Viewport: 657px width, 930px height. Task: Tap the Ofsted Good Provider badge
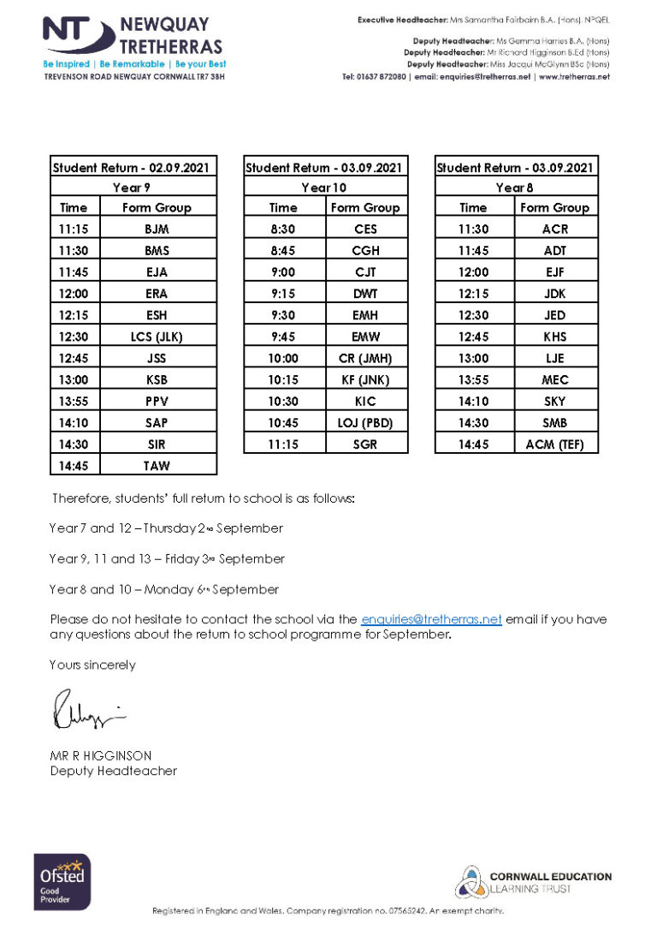click(x=62, y=880)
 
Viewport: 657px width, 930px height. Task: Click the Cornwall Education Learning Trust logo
click(x=532, y=882)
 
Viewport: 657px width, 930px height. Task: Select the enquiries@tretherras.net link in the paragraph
click(x=431, y=619)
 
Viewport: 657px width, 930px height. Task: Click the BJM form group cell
click(x=157, y=229)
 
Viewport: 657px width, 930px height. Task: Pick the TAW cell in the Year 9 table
click(x=157, y=465)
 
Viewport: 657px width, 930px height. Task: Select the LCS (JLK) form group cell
click(x=157, y=337)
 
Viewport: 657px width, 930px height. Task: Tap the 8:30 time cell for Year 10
click(x=284, y=229)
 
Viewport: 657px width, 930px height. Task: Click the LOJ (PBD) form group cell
click(x=366, y=422)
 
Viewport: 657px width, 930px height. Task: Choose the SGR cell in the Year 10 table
click(x=366, y=444)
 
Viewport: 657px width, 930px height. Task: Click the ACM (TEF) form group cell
click(x=554, y=444)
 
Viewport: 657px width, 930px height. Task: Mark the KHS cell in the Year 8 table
click(x=554, y=337)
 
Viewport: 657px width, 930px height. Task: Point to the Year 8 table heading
click(x=516, y=188)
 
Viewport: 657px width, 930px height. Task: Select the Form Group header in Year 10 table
click(x=365, y=207)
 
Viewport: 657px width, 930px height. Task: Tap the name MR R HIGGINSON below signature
click(x=101, y=755)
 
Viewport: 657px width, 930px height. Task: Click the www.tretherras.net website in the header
click(x=574, y=77)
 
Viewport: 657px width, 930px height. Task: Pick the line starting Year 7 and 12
click(x=166, y=528)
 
